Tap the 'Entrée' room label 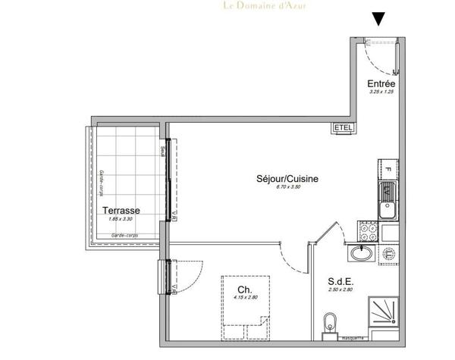(381, 83)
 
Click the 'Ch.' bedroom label (244, 290)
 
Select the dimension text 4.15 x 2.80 (244, 299)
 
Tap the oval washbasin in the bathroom (362, 253)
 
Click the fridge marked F (386, 170)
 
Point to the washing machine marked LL (388, 252)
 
